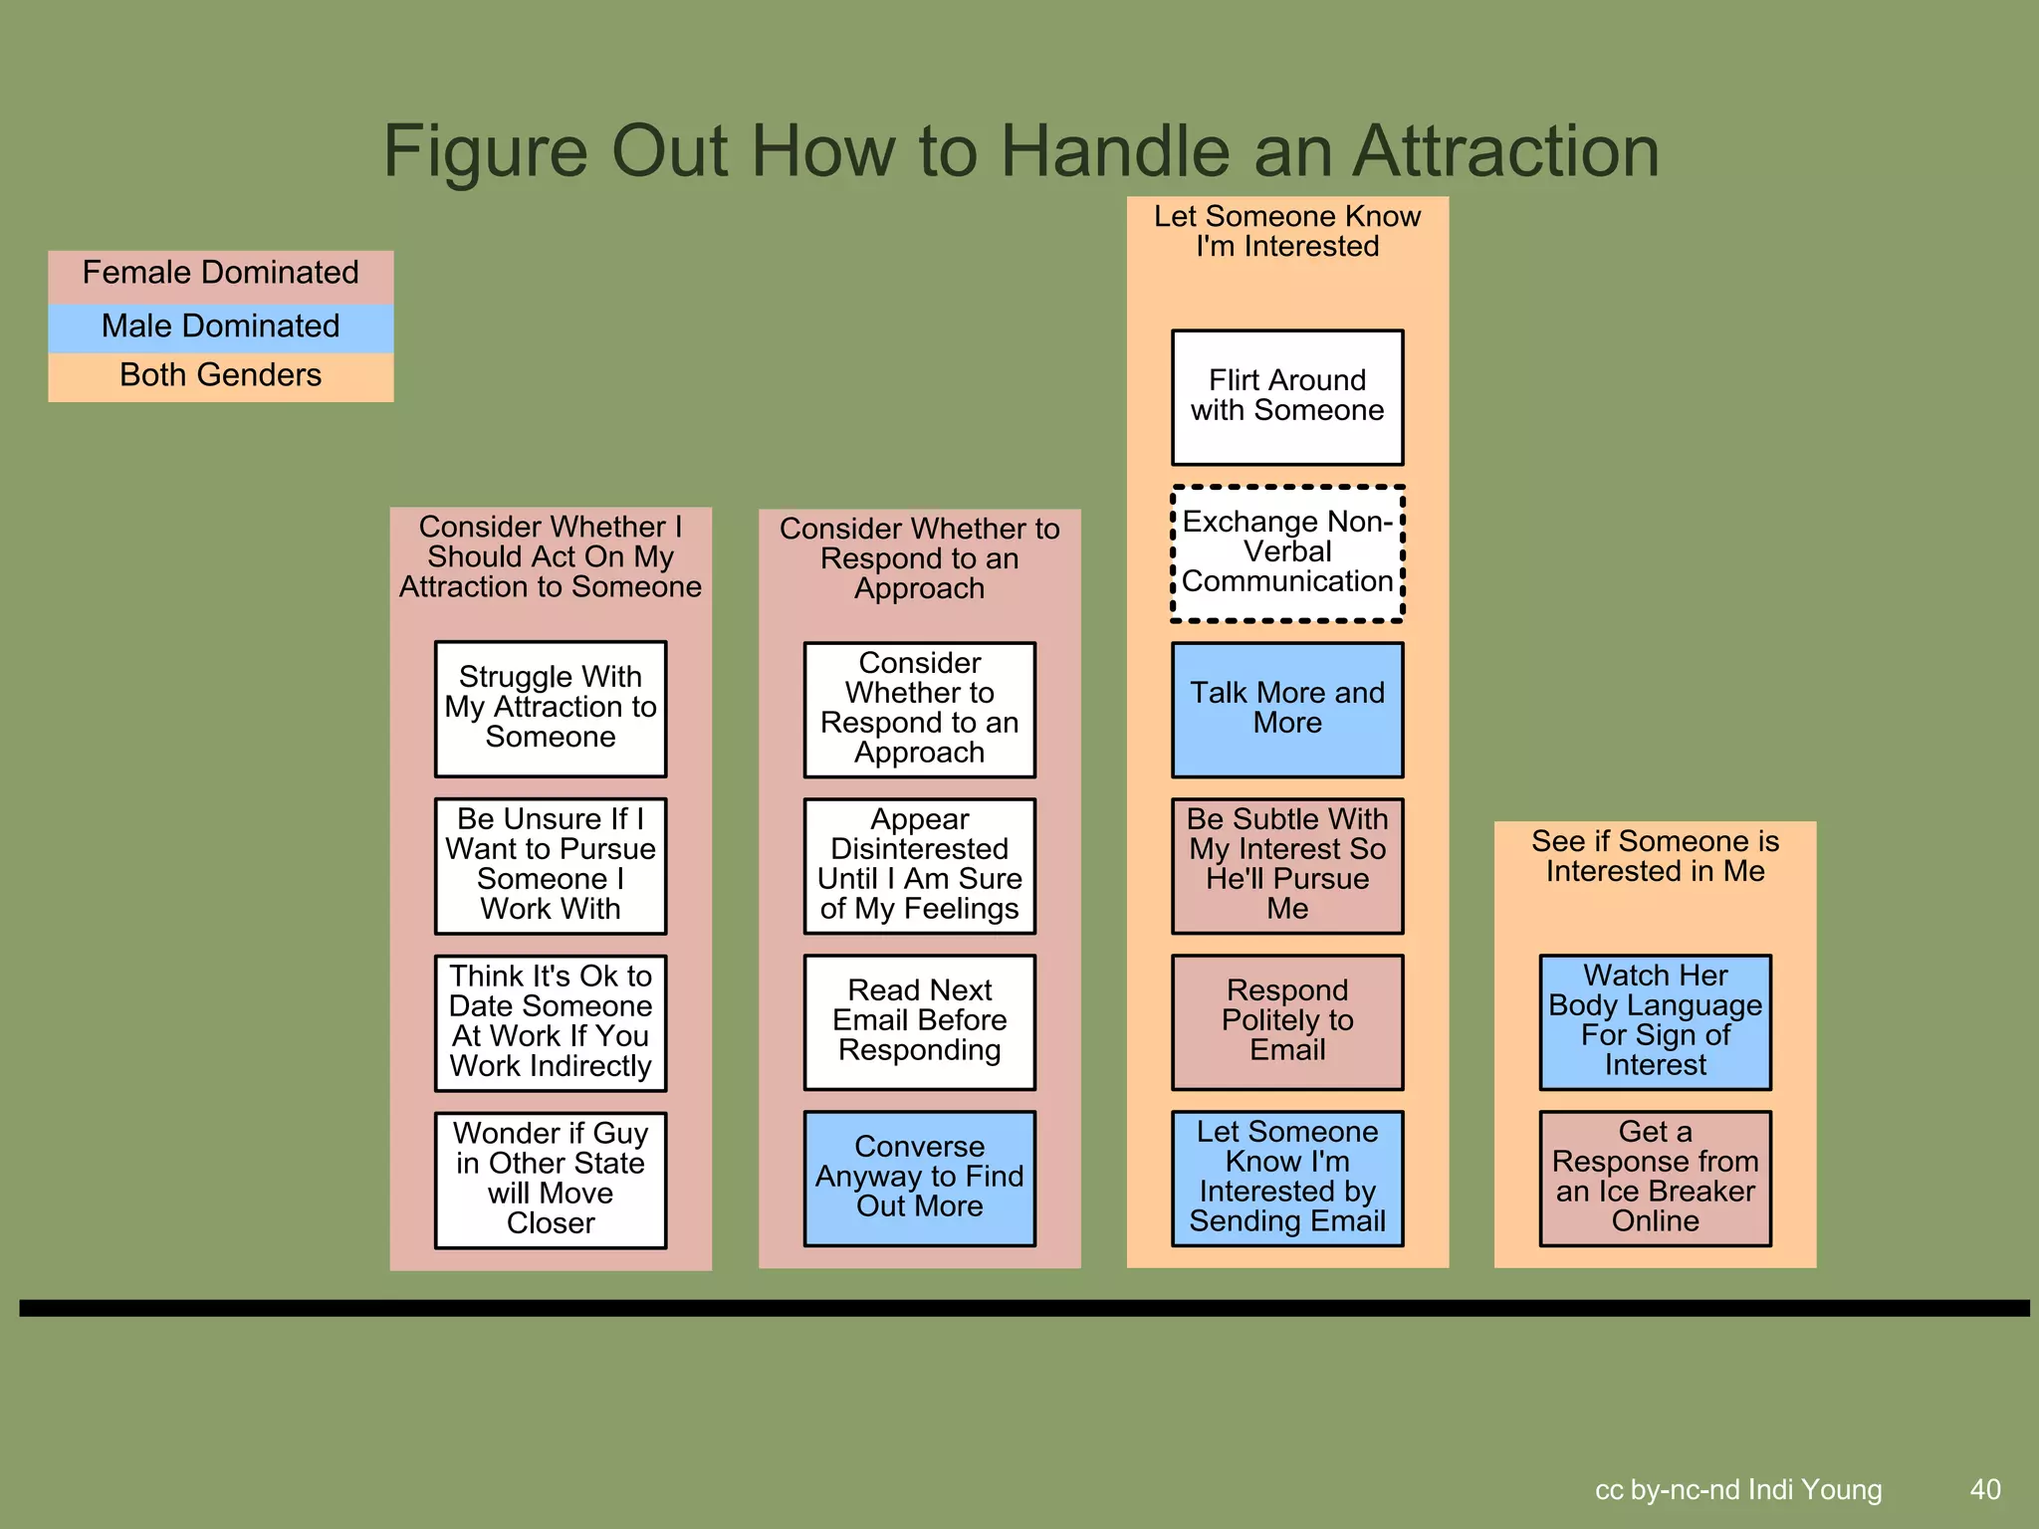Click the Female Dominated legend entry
click(220, 274)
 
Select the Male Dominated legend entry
click(220, 327)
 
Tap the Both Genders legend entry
click(220, 376)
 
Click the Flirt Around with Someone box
click(1287, 397)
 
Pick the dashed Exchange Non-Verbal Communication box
click(1287, 553)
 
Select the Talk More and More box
click(1287, 709)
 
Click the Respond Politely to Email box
click(1287, 1021)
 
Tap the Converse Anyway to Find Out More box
click(919, 1178)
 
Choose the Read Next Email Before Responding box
click(919, 1021)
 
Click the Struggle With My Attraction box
click(551, 708)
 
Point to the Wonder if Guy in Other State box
click(551, 1180)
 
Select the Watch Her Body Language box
click(1655, 1021)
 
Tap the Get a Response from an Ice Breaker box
click(1655, 1178)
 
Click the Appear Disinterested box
click(919, 865)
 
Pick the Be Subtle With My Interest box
click(1287, 865)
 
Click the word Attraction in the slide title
click(1505, 151)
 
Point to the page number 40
click(1985, 1489)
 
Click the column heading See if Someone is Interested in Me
click(1655, 856)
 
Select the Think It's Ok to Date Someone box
click(551, 1022)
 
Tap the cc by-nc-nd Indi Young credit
click(1738, 1489)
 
